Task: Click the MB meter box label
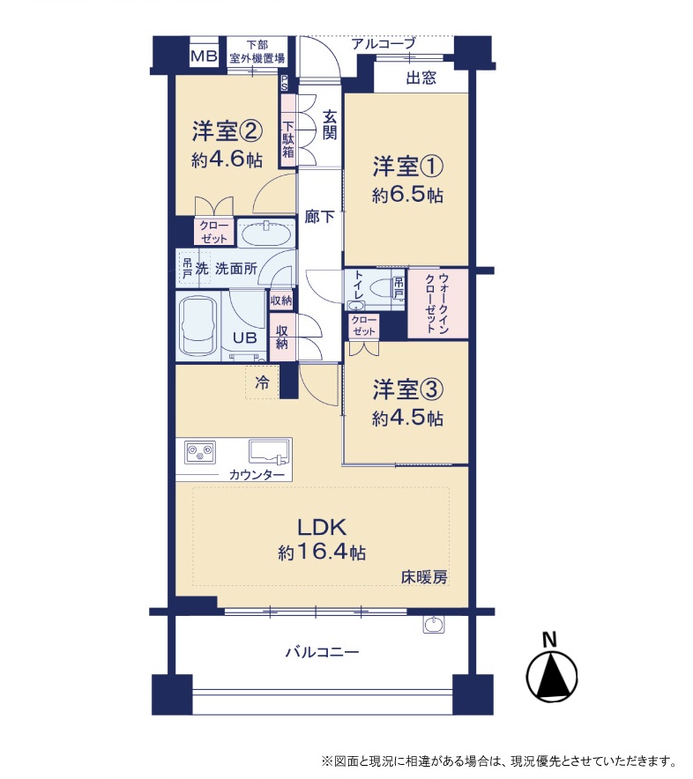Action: tap(205, 56)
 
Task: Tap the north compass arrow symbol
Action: tap(551, 676)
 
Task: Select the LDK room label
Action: tap(322, 527)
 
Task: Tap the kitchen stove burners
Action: tap(200, 451)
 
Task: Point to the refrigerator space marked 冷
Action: tap(262, 382)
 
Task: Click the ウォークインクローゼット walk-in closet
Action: tap(438, 303)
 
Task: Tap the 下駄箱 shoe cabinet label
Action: tap(288, 139)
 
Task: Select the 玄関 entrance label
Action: tap(329, 125)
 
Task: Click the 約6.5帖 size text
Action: tap(407, 196)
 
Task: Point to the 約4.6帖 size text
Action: tap(227, 160)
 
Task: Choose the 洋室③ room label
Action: tap(407, 389)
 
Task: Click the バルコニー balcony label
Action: tap(322, 652)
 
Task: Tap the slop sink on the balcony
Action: tap(434, 625)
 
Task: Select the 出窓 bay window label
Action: tap(421, 78)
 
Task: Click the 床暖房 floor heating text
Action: tap(424, 577)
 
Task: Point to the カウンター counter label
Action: tap(257, 474)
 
